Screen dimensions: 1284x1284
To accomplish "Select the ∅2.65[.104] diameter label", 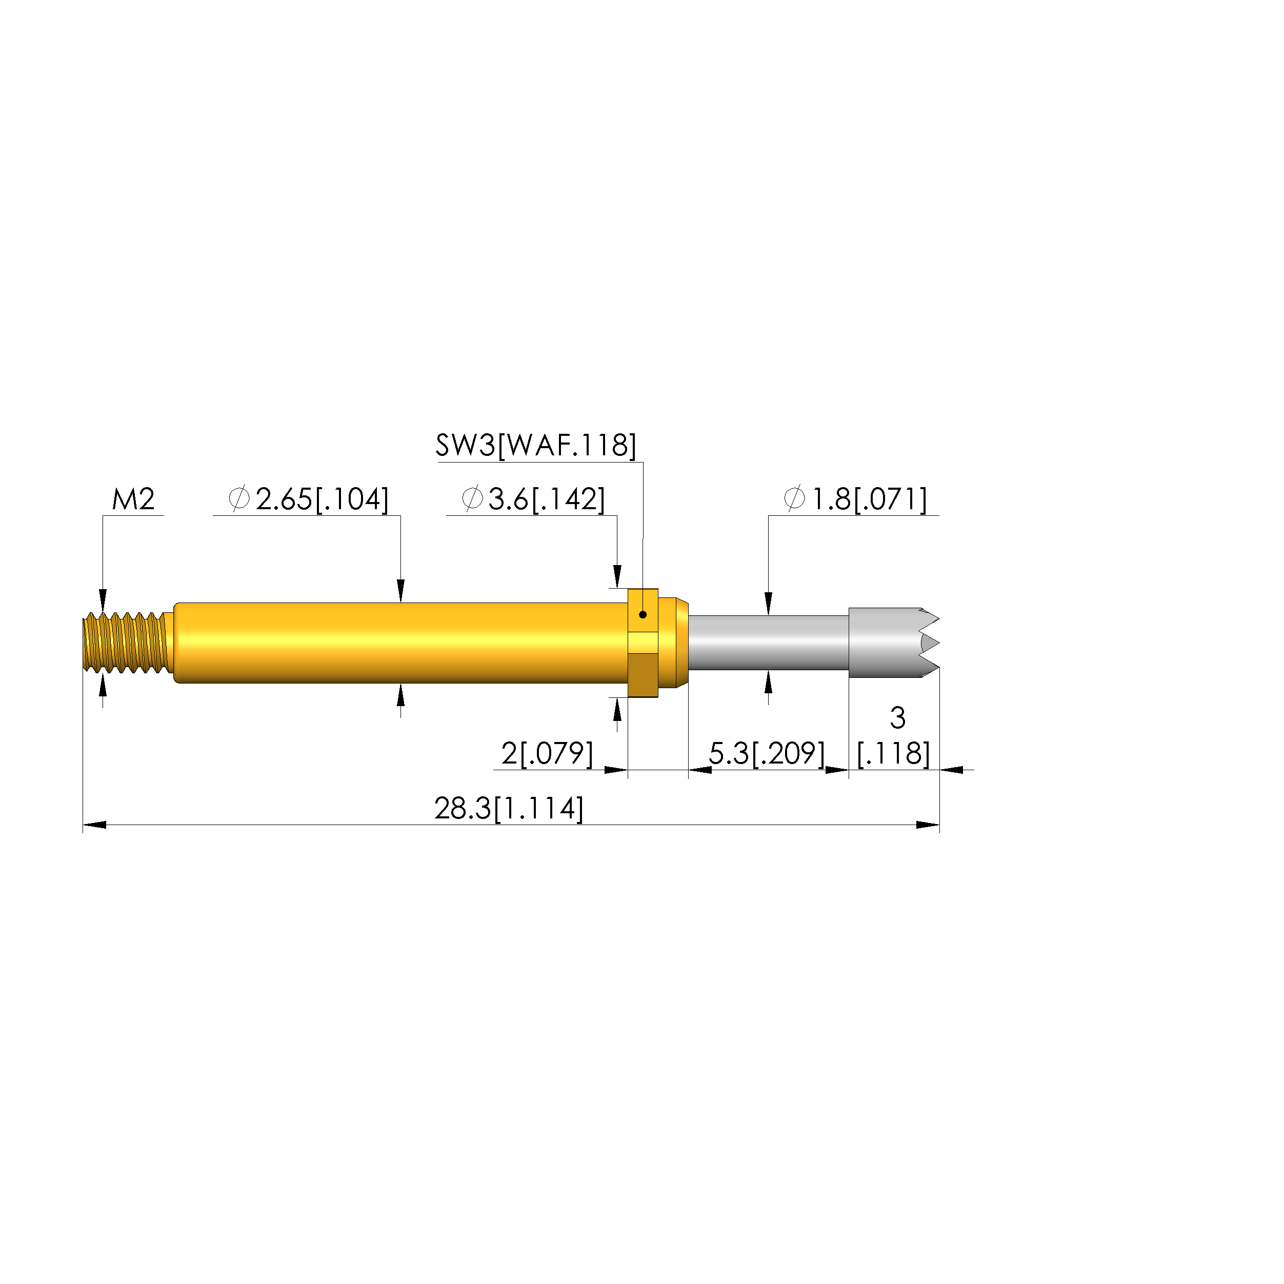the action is pyautogui.click(x=308, y=499).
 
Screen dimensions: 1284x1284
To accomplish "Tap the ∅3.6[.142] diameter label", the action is pyautogui.click(x=533, y=499).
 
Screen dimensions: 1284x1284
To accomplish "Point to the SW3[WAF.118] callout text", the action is pyautogui.click(x=536, y=445).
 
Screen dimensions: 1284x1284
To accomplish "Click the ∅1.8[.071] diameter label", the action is pyautogui.click(x=855, y=499).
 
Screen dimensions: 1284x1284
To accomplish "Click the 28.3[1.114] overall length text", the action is pyautogui.click(x=509, y=809).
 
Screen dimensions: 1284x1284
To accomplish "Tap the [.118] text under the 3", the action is pyautogui.click(x=893, y=754).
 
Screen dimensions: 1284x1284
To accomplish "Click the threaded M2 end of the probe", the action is pyautogui.click(x=126, y=643).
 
